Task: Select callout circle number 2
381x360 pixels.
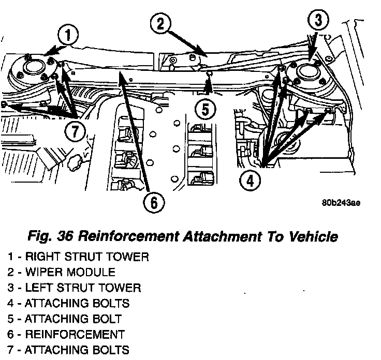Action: pyautogui.click(x=161, y=23)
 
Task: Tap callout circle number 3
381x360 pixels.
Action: pyautogui.click(x=318, y=21)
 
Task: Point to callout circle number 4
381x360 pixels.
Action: pyautogui.click(x=251, y=181)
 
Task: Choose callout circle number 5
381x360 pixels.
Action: pyautogui.click(x=206, y=109)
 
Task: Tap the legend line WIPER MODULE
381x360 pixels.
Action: pyautogui.click(x=61, y=272)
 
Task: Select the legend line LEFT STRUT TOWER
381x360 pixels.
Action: pyautogui.click(x=74, y=287)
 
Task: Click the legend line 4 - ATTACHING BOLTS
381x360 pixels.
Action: pyautogui.click(x=68, y=303)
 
